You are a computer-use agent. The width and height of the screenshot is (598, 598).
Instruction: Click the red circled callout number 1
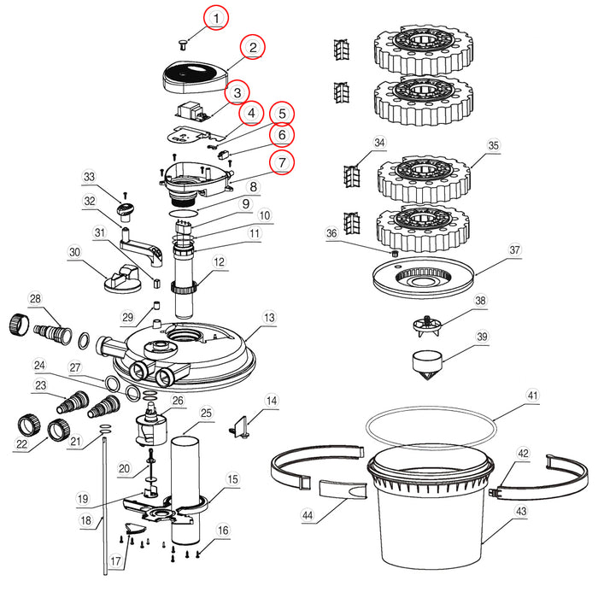click(217, 17)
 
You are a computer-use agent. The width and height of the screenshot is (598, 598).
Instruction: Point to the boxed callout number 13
click(269, 317)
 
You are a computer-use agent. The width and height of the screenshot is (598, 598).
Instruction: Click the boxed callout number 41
click(533, 396)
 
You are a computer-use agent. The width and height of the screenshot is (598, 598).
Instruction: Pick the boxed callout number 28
click(35, 298)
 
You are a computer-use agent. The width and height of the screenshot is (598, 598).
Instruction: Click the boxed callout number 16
click(223, 530)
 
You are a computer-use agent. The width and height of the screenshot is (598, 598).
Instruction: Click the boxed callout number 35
click(493, 145)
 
